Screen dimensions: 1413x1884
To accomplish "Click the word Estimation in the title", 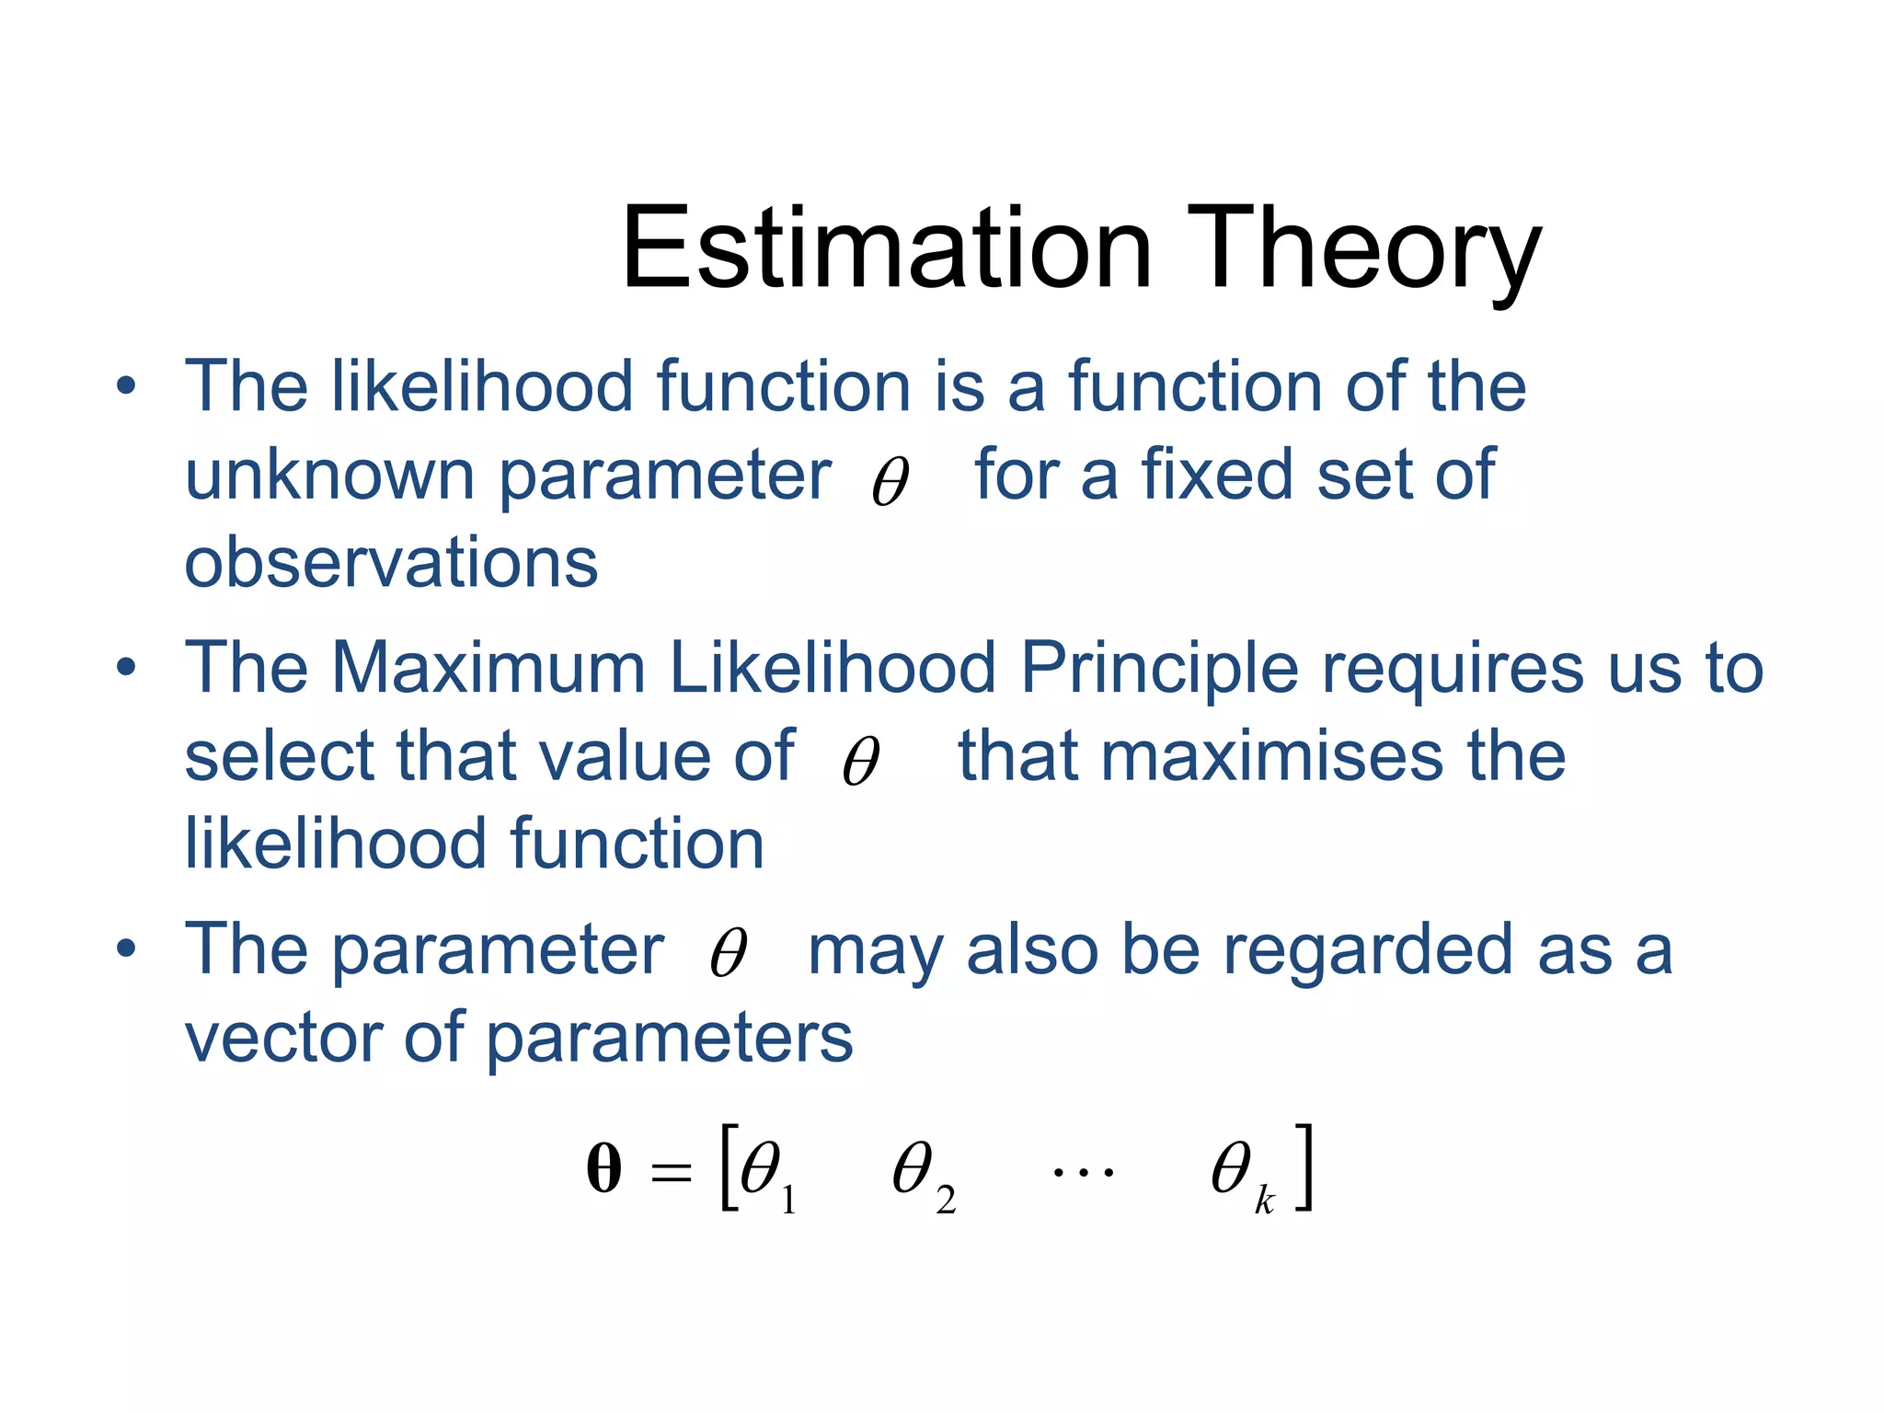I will pos(886,248).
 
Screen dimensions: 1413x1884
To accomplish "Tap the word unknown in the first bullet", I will pos(329,476).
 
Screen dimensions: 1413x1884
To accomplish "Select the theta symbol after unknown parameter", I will pos(890,481).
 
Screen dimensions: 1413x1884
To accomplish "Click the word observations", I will pos(391,563).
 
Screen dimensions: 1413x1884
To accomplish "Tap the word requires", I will pos(1453,669).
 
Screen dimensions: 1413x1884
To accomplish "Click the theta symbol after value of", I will pos(861,761).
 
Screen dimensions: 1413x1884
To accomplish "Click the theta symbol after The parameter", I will pos(728,953).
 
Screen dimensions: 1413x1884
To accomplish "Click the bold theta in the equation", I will pos(603,1169).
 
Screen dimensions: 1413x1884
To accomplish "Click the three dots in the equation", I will pos(1083,1172).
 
